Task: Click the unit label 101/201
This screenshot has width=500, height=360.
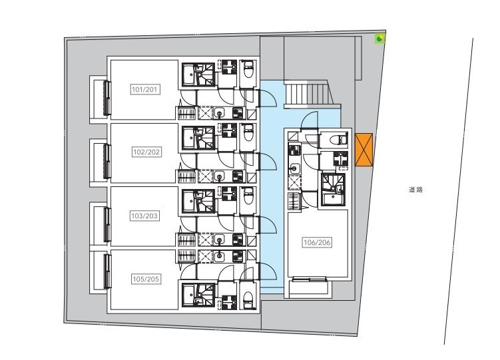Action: pos(144,90)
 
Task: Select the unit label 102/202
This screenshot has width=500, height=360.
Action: pos(146,152)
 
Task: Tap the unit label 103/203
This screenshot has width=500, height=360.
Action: pos(144,216)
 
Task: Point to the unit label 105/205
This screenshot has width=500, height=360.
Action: pos(145,279)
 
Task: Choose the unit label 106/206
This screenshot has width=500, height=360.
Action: pos(317,242)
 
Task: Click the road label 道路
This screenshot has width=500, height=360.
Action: pos(415,190)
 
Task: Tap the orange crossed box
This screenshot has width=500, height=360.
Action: pos(364,150)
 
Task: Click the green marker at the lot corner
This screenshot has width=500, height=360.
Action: pos(379,39)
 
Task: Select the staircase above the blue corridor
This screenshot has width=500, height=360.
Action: pos(309,94)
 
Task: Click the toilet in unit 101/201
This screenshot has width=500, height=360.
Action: pos(248,71)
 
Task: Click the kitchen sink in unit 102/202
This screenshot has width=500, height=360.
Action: pos(219,176)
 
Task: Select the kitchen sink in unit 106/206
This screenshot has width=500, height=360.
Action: pos(294,168)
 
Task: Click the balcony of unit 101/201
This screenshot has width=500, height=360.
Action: pos(99,99)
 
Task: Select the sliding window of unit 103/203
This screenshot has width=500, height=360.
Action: pos(107,225)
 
